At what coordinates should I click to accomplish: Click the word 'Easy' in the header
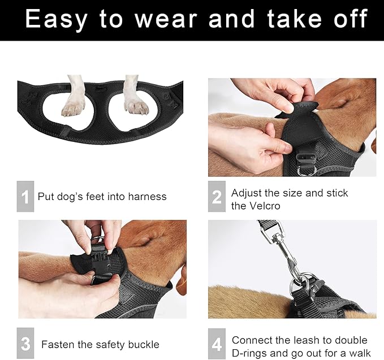point(57,19)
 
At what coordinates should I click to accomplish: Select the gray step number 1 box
point(25,196)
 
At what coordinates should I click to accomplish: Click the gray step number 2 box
point(217,196)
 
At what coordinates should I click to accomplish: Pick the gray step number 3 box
point(25,343)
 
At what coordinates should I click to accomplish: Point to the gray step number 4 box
point(217,344)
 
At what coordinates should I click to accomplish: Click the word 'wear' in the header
point(166,19)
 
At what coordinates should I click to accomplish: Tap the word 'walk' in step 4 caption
point(360,353)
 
